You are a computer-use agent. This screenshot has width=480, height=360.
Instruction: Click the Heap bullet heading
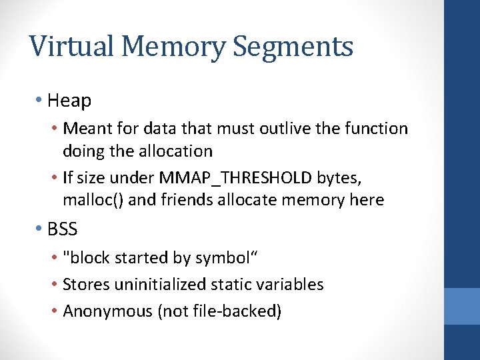click(x=69, y=101)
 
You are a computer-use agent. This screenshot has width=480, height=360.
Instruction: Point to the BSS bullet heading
click(x=63, y=229)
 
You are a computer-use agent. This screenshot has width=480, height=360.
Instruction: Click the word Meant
click(x=87, y=128)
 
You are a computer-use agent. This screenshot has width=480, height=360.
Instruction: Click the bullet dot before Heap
click(x=40, y=101)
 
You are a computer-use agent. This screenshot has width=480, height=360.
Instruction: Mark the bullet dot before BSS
click(x=40, y=229)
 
